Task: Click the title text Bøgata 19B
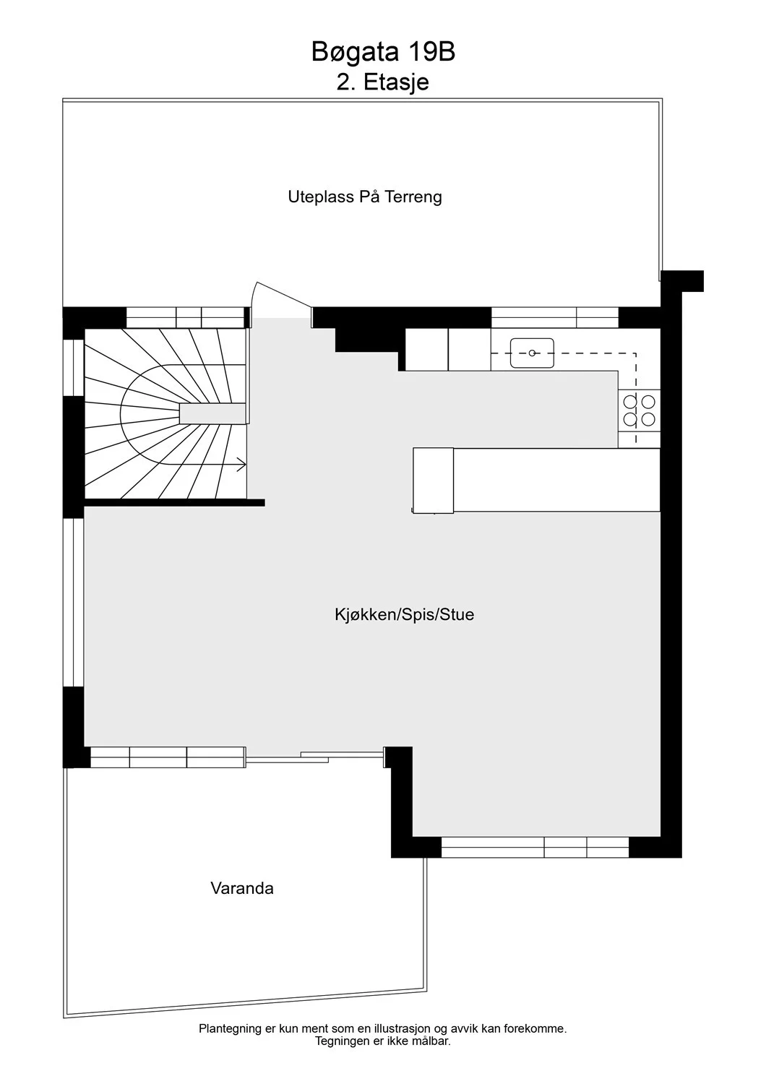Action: click(x=383, y=53)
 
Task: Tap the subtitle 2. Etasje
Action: click(x=383, y=82)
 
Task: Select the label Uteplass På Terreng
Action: click(x=365, y=197)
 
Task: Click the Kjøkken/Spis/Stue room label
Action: click(x=404, y=614)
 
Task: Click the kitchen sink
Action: click(x=532, y=353)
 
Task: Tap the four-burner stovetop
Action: click(x=639, y=410)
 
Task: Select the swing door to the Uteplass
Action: click(x=281, y=300)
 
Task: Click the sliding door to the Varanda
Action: click(x=314, y=757)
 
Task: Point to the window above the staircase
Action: click(x=185, y=317)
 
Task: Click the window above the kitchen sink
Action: click(x=555, y=317)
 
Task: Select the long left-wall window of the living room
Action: click(x=74, y=603)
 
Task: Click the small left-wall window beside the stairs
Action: click(x=74, y=368)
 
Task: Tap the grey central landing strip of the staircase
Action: click(x=212, y=414)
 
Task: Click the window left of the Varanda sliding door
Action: click(x=168, y=757)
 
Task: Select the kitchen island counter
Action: click(x=536, y=480)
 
